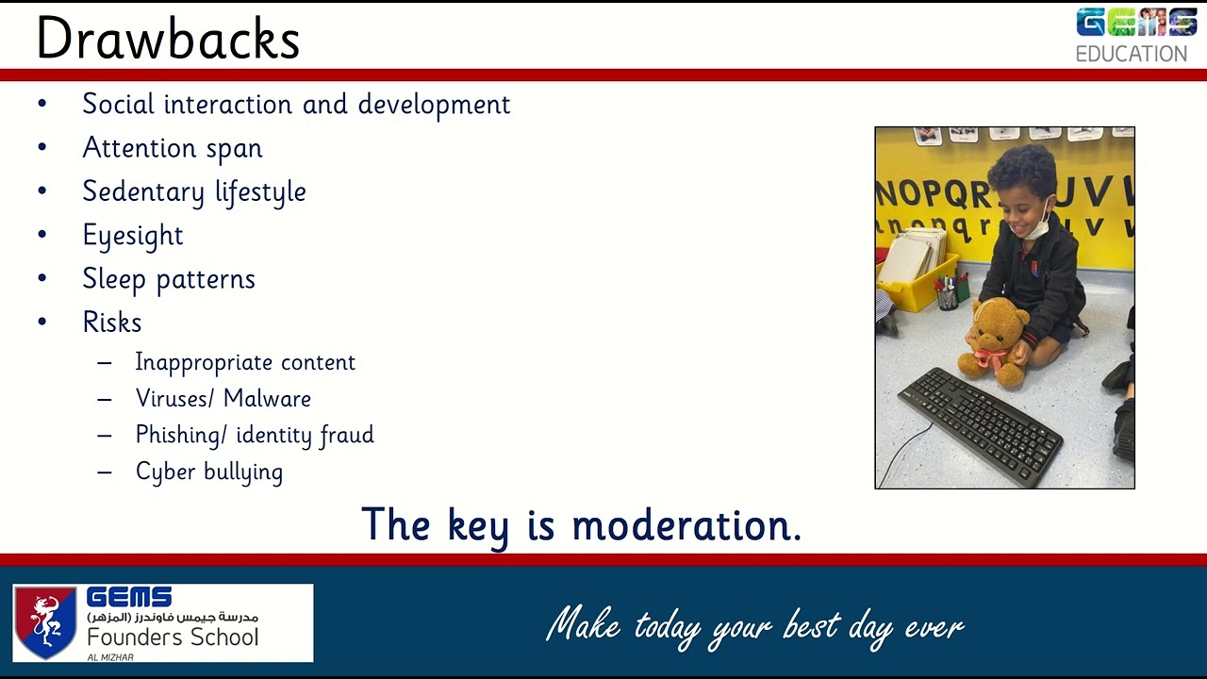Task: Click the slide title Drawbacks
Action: (x=168, y=39)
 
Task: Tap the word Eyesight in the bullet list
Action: (x=133, y=236)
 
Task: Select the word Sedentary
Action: (x=143, y=192)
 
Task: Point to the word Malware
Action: (x=267, y=399)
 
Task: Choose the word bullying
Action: (x=243, y=472)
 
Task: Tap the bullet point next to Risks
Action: (x=42, y=323)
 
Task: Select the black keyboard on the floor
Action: (x=980, y=424)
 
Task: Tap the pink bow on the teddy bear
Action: (x=991, y=358)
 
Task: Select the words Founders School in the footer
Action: (x=173, y=638)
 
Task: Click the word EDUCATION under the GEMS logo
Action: (x=1132, y=55)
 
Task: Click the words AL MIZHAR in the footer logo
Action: (x=110, y=657)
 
